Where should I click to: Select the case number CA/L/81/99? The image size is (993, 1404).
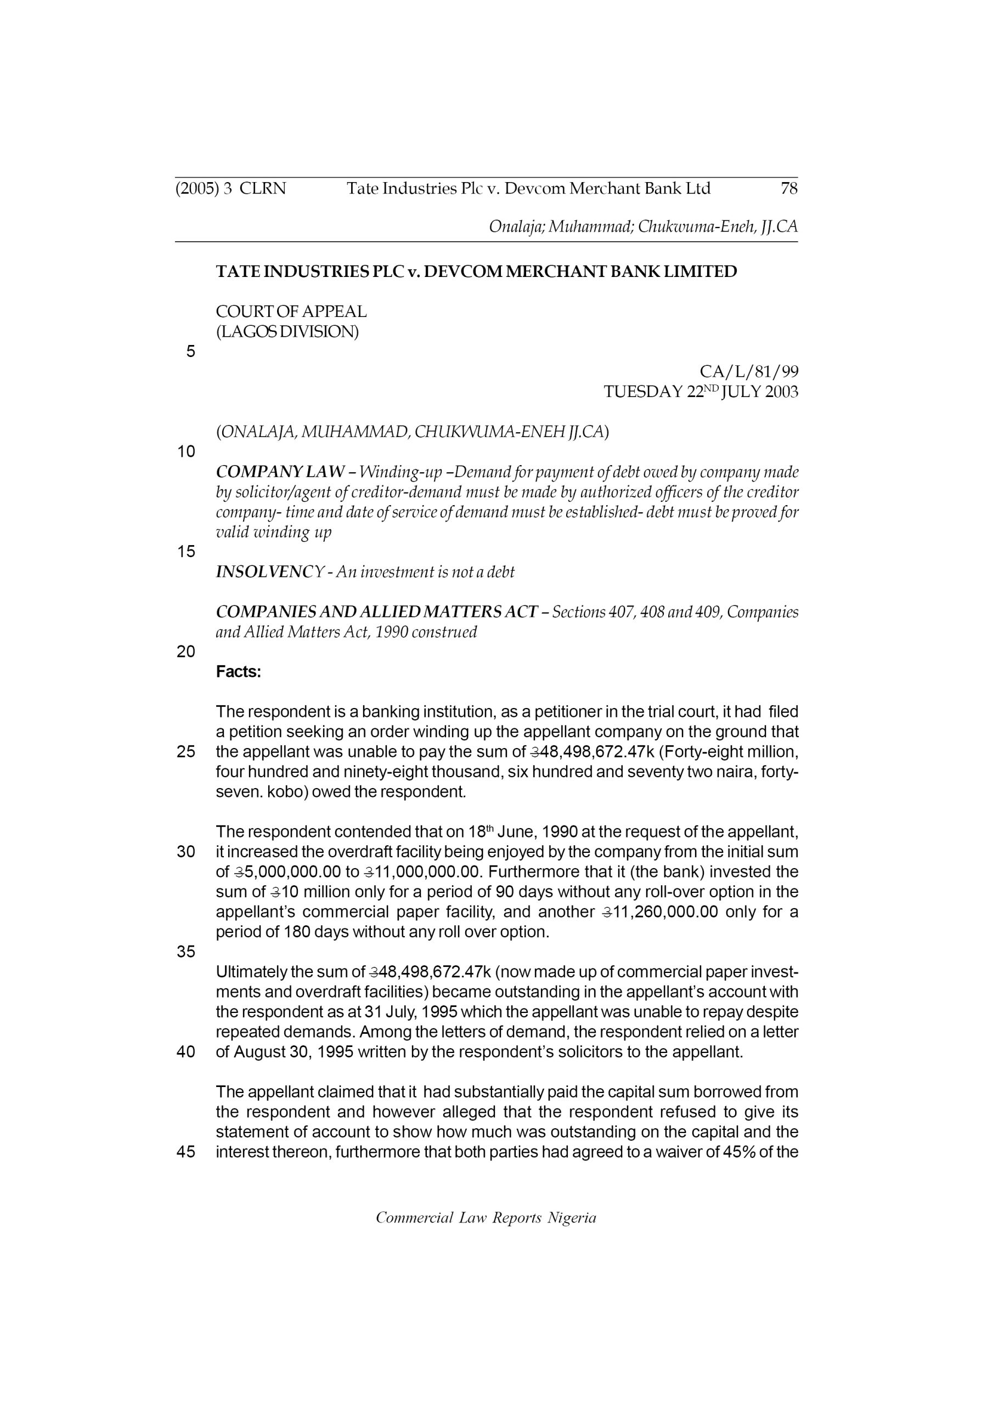click(x=748, y=371)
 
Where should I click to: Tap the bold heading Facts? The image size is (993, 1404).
click(x=239, y=672)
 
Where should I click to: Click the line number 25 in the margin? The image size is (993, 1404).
click(x=186, y=751)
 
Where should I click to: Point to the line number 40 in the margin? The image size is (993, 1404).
click(x=186, y=1052)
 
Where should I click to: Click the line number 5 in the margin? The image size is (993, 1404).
click(x=191, y=352)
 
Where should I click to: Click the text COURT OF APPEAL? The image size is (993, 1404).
click(x=291, y=312)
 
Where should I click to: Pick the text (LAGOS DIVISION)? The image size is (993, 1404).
click(x=287, y=331)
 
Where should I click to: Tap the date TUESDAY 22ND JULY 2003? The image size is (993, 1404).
click(x=701, y=392)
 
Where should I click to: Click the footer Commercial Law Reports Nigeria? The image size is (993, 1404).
click(x=486, y=1218)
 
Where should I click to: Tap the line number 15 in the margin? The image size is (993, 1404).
click(x=186, y=552)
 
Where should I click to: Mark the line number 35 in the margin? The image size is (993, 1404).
click(x=186, y=952)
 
